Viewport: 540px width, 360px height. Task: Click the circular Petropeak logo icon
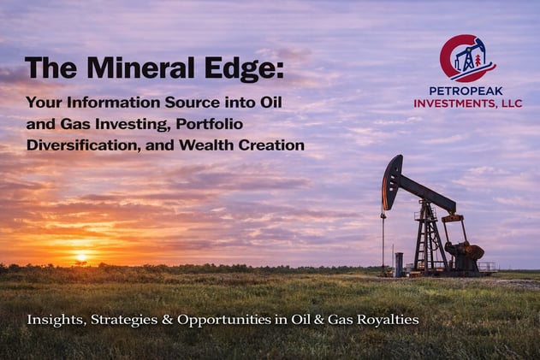[x=467, y=58]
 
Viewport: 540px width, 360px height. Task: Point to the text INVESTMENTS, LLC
[x=467, y=103]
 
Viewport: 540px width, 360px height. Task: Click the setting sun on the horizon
[x=81, y=257]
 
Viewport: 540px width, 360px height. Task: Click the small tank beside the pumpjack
[x=399, y=264]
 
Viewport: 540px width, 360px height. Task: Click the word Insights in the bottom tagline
[x=50, y=320]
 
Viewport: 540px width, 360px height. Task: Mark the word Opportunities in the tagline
[x=222, y=320]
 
